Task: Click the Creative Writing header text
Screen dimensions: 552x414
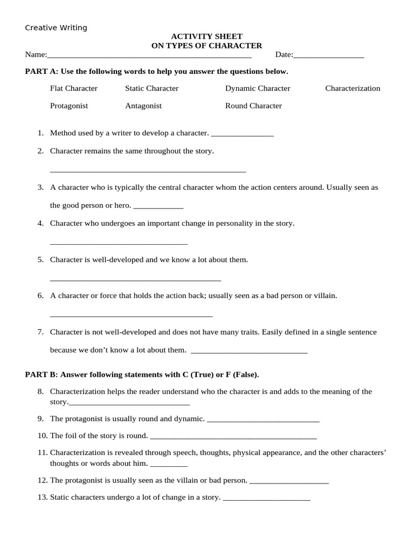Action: click(56, 27)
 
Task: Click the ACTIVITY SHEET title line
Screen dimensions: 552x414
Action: click(206, 37)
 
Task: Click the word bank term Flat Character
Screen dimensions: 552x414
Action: click(74, 88)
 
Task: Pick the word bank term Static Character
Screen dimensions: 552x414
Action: click(151, 88)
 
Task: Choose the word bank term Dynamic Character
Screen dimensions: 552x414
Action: click(258, 88)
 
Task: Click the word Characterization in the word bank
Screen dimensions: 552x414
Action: click(353, 88)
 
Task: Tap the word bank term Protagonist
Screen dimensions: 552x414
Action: click(69, 106)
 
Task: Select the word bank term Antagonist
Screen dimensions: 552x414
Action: click(143, 106)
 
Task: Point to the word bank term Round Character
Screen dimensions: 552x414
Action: click(253, 106)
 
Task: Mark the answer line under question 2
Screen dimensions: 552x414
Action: click(148, 171)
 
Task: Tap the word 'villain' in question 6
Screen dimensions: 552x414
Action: click(325, 295)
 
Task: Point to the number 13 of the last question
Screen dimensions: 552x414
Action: click(43, 497)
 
